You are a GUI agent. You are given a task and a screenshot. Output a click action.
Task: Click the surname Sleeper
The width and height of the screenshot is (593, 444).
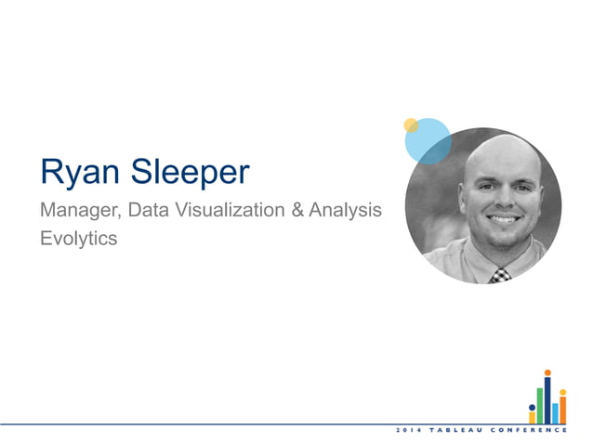tap(196, 173)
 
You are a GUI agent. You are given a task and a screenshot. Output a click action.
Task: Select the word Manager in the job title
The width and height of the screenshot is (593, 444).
tap(76, 211)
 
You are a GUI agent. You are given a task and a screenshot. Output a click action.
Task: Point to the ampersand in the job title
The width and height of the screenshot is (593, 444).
tap(298, 211)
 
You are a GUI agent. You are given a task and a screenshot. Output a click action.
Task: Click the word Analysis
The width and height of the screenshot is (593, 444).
tap(346, 211)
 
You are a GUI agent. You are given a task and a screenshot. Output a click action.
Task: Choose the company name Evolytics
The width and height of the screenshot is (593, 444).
tap(79, 238)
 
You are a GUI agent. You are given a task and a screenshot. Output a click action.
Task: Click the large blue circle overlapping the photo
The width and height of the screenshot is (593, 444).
tap(425, 139)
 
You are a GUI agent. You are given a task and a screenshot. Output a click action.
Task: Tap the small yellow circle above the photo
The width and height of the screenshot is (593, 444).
tap(411, 124)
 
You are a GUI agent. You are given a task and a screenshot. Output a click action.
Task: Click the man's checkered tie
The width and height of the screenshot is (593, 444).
tap(500, 273)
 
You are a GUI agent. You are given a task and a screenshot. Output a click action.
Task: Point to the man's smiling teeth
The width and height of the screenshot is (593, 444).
tap(503, 219)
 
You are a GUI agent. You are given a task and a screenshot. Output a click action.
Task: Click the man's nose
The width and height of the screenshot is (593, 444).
tap(503, 199)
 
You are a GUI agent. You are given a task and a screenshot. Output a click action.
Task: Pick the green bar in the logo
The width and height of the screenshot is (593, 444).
tap(539, 405)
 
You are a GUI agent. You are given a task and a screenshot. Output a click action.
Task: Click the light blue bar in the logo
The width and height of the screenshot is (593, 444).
tap(555, 411)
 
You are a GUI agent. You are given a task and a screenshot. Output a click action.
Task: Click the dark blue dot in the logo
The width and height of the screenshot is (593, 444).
tap(532, 407)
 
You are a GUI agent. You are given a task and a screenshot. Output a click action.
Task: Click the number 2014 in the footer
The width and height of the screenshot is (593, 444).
tap(409, 432)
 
